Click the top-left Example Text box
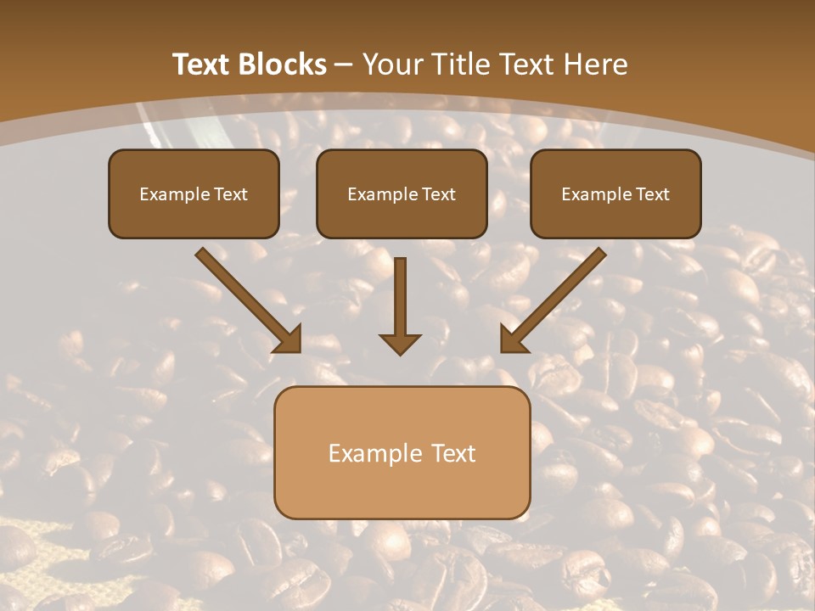pos(194,193)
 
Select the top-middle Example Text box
pos(402,193)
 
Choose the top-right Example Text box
pos(615,193)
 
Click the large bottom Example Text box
pos(402,452)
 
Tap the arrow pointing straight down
pos(400,301)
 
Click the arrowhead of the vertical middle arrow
pos(400,343)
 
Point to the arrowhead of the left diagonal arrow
pos(288,339)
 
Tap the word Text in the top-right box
pos(652,194)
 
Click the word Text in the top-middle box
pos(438,194)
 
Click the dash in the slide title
pos(344,65)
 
